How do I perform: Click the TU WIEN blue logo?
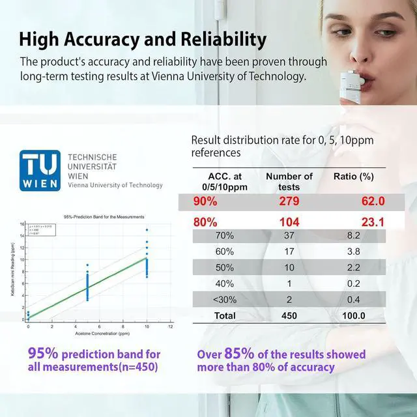[x=40, y=171]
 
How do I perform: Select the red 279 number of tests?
[x=289, y=201]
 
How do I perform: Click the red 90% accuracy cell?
[x=205, y=201]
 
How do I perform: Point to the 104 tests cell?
[x=289, y=222]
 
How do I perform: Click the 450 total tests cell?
[x=289, y=315]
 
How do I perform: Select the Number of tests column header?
[x=289, y=181]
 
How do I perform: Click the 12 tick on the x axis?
[x=171, y=325]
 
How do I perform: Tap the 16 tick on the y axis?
[x=22, y=224]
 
